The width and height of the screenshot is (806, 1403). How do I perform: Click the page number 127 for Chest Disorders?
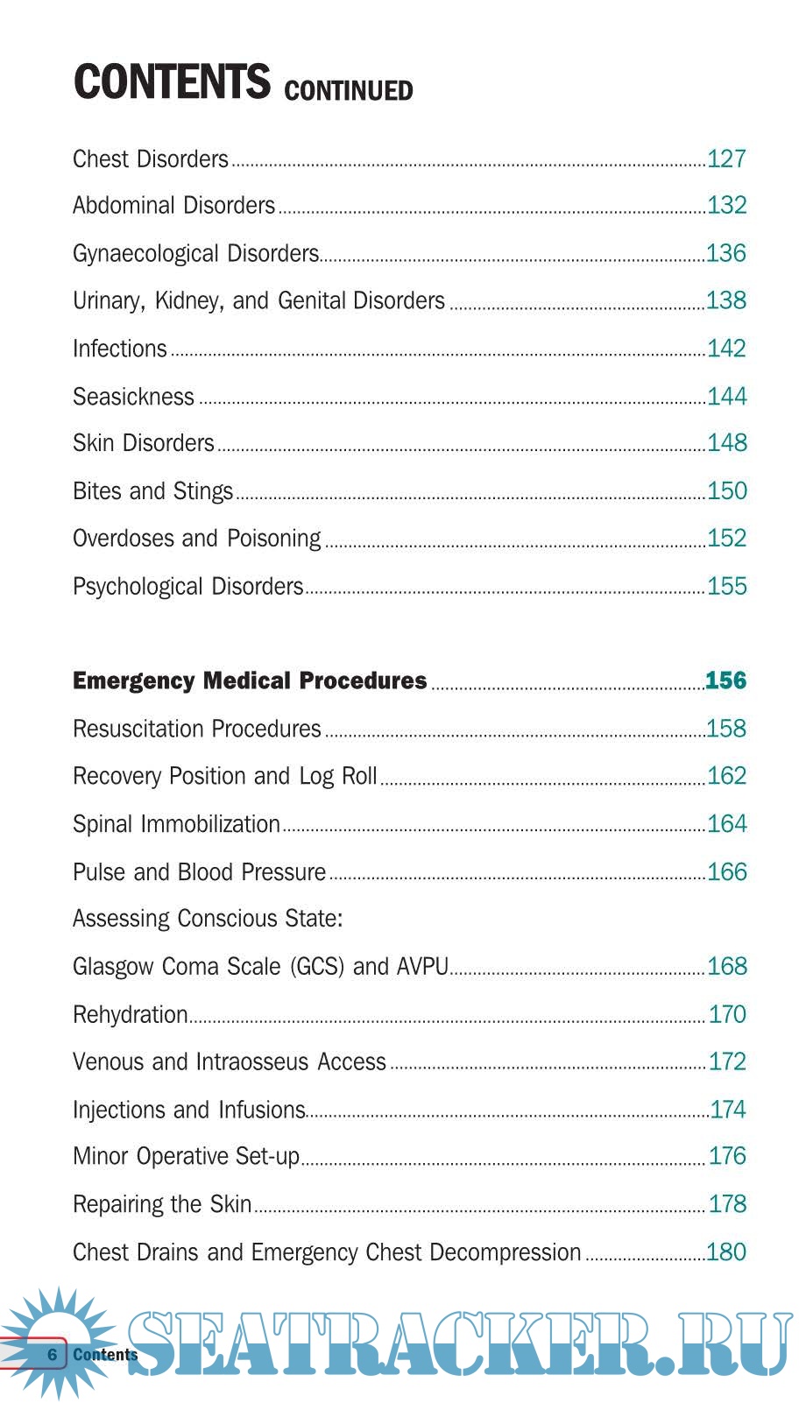726,159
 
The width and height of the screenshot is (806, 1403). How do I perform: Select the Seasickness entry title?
133,397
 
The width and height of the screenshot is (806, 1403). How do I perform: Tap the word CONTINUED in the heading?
348,90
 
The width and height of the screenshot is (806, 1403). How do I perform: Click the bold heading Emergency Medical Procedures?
250,680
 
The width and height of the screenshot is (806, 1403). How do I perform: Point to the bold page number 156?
725,680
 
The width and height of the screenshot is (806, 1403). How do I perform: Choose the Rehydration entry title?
130,1014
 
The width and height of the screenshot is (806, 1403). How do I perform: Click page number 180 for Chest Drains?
725,1251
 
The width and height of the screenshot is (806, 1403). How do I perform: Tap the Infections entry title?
119,349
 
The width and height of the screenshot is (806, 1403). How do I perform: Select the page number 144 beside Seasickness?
726,397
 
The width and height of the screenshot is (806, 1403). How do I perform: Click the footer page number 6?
53,1355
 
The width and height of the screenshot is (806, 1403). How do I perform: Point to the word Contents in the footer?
105,1355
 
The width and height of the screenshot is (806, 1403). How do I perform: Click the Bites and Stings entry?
152,491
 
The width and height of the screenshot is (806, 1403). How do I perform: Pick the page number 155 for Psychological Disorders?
726,586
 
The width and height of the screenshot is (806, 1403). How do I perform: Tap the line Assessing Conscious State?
208,919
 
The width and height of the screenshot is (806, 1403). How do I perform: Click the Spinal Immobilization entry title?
176,824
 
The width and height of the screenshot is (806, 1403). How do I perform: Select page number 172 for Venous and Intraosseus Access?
726,1061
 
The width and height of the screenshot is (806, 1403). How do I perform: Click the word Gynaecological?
146,254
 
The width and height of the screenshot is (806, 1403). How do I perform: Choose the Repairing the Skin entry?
162,1204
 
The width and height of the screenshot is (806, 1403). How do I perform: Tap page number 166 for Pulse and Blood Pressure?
726,871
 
